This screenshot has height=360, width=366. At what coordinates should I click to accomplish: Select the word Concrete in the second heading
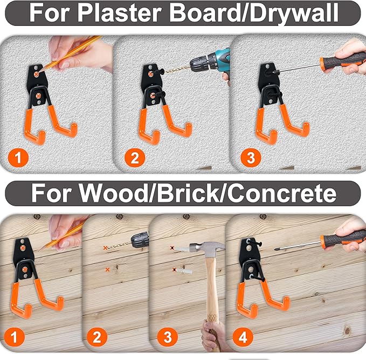coord(282,193)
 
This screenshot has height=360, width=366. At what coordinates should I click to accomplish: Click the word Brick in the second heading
coord(189,193)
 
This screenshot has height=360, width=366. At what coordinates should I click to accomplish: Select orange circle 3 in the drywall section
coord(251,157)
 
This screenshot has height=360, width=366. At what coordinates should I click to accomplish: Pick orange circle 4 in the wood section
coord(243,337)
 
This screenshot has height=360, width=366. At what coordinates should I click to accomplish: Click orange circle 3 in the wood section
coord(167,337)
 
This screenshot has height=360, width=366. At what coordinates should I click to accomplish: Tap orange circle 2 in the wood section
coord(97,337)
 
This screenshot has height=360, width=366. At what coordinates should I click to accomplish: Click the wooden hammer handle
coord(212,292)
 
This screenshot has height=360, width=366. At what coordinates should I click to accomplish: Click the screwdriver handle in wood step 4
coord(343,240)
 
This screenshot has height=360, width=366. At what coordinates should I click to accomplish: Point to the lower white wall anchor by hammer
coord(184,271)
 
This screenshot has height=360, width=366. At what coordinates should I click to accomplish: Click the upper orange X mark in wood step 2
coord(106,248)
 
